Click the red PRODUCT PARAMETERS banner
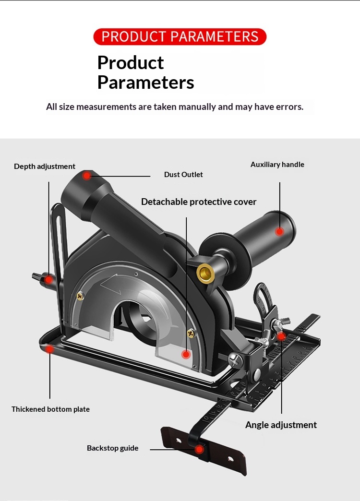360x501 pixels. (180, 37)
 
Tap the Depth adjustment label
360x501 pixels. (45, 167)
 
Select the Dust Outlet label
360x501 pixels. (183, 175)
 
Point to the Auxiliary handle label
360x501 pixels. (277, 165)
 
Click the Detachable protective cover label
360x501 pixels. (199, 202)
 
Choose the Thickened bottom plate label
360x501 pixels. (50, 409)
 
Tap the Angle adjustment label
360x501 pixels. (281, 425)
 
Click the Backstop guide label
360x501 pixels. (112, 448)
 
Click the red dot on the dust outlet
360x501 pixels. (86, 176)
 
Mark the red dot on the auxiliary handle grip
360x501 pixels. (279, 231)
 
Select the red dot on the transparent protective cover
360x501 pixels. (186, 355)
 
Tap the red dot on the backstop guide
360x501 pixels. (199, 450)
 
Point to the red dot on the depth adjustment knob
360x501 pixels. (48, 279)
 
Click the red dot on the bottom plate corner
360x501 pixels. (49, 349)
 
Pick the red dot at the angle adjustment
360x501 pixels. (282, 336)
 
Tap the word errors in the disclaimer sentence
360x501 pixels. (289, 107)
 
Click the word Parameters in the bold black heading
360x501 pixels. (145, 83)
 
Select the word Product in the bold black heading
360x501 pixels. (131, 63)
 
